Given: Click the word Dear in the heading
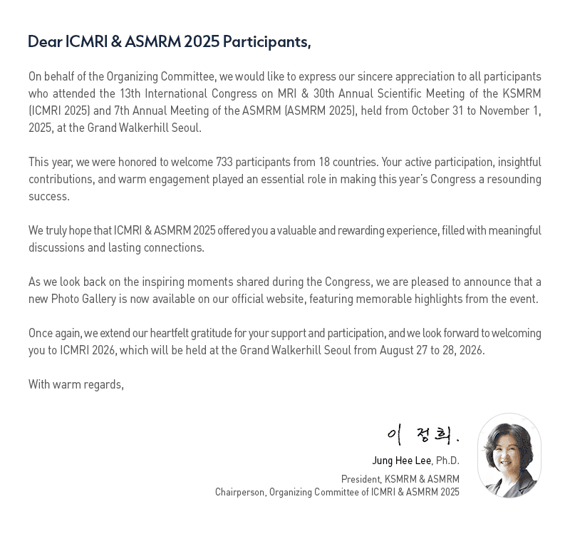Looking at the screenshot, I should point(44,42).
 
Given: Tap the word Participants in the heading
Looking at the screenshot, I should point(266,42).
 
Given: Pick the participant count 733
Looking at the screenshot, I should point(225,163).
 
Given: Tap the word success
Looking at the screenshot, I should point(48,197).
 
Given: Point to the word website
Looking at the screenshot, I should point(284,299).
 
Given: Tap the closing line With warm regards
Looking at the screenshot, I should point(76,385).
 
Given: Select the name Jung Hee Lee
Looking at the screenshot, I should point(401,461).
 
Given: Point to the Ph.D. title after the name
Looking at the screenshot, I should point(447,461).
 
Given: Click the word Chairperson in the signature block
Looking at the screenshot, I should point(239,493).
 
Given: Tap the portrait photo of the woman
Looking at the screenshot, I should point(509,455).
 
